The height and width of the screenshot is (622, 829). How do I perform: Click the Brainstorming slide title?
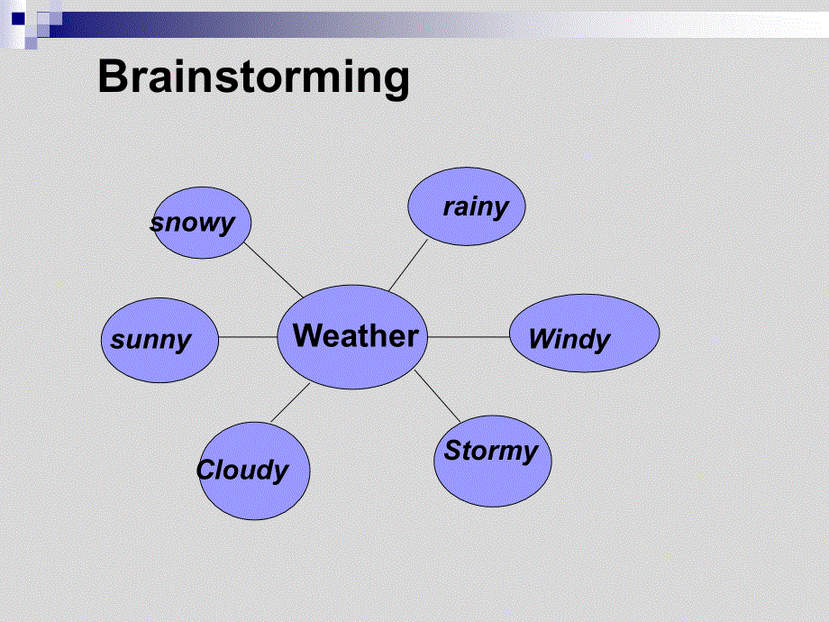point(253,78)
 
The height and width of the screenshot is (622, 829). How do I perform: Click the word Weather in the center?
point(356,336)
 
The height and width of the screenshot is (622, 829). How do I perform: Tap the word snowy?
point(193,223)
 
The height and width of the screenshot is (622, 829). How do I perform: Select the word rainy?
point(476,206)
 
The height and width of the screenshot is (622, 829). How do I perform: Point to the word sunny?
point(151,340)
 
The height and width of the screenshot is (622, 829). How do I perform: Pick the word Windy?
point(569,339)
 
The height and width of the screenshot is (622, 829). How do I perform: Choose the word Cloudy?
point(242,470)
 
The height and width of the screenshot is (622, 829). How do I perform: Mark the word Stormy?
point(490,451)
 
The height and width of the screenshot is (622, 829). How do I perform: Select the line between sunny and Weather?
point(248,337)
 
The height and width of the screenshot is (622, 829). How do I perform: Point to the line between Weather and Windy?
point(469,337)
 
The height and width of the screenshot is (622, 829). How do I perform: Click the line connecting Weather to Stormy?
point(438,396)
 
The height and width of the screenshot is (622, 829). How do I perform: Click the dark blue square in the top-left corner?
point(17,16)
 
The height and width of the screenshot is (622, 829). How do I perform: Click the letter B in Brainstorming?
point(114,78)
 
